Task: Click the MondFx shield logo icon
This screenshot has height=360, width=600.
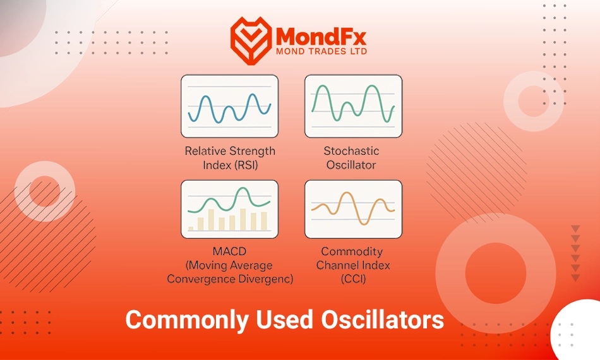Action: coord(251,40)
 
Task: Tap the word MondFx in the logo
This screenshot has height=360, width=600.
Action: coord(321,37)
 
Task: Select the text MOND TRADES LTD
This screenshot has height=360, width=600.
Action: coord(321,51)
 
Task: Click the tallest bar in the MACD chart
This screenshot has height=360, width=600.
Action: coord(243,219)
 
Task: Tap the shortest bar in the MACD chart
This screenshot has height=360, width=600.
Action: coord(191,229)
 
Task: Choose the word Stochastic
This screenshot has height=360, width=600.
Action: coord(351,151)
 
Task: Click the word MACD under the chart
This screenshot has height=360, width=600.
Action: coord(229,251)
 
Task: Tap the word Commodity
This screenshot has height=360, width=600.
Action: coord(352,251)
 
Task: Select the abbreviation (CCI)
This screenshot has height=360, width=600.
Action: coord(353,279)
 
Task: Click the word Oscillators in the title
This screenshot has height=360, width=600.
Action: coord(382,320)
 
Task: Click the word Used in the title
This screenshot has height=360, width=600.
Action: coord(285,320)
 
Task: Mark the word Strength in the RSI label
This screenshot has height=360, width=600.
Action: coord(252,152)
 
